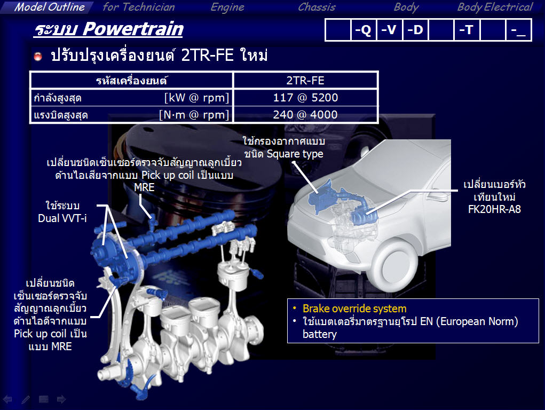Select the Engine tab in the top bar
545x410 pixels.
click(x=227, y=7)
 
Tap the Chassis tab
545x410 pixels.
click(x=317, y=7)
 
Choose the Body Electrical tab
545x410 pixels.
click(x=495, y=7)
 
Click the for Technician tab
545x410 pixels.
click(x=139, y=7)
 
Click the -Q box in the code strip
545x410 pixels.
click(x=363, y=30)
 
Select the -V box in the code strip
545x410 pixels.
click(x=389, y=30)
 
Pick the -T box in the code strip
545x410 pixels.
click(x=467, y=30)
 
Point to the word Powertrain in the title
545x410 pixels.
click(x=133, y=29)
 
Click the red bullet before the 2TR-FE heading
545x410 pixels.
click(x=38, y=57)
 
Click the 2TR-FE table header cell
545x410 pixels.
click(x=305, y=81)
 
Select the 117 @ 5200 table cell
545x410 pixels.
click(x=305, y=98)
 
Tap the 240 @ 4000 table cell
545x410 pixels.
click(x=305, y=114)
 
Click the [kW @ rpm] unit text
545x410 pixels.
click(x=197, y=98)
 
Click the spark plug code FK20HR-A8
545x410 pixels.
click(x=494, y=209)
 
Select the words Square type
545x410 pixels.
click(x=295, y=154)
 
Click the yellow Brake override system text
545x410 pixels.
click(x=354, y=309)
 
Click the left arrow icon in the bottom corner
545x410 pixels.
click(x=7, y=399)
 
